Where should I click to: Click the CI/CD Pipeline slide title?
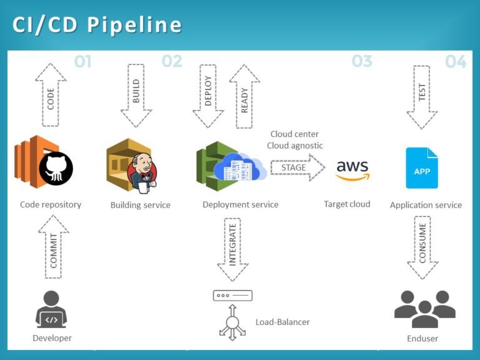point(97,24)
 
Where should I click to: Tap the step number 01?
point(82,61)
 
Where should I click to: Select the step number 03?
point(362,61)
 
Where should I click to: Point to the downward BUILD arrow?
point(136,94)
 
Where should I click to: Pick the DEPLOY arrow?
point(208,94)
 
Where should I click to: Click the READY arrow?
point(244,94)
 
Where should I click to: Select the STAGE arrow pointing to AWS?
point(297,167)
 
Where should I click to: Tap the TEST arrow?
point(422,94)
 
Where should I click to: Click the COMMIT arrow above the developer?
point(54,247)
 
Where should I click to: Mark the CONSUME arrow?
point(422,247)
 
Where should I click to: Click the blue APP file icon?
point(422,168)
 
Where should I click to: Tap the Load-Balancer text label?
point(282,322)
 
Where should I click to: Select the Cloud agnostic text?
point(295,146)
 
